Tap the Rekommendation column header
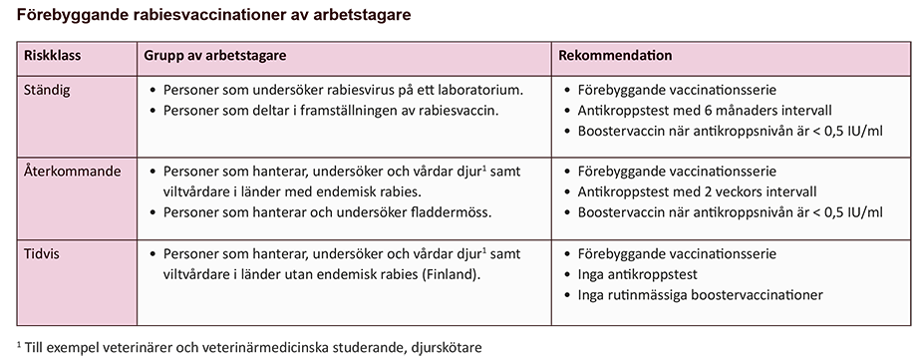coord(615,56)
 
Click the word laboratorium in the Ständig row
coord(478,90)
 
